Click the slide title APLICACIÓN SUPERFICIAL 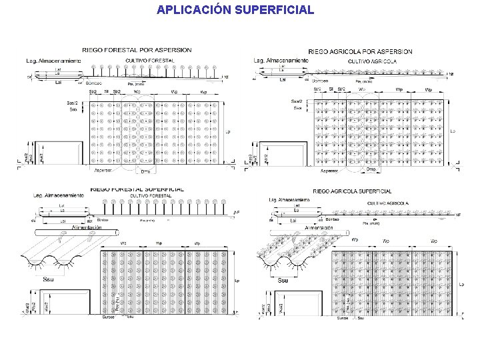pyautogui.click(x=235, y=10)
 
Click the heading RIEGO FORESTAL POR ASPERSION pyautogui.click(x=136, y=50)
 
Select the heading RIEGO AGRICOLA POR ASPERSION pyautogui.click(x=361, y=52)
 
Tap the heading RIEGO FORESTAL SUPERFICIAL pyautogui.click(x=136, y=189)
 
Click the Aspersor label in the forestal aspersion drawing pyautogui.click(x=103, y=171)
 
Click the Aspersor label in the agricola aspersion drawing pyautogui.click(x=329, y=171)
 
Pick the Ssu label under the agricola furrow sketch pyautogui.click(x=283, y=281)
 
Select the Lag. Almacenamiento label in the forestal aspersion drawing pyautogui.click(x=54, y=61)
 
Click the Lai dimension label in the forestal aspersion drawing pyautogui.click(x=58, y=82)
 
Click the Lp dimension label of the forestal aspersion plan pyautogui.click(x=227, y=132)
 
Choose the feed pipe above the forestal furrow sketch pyautogui.click(x=76, y=233)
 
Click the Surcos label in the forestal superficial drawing pyautogui.click(x=109, y=317)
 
